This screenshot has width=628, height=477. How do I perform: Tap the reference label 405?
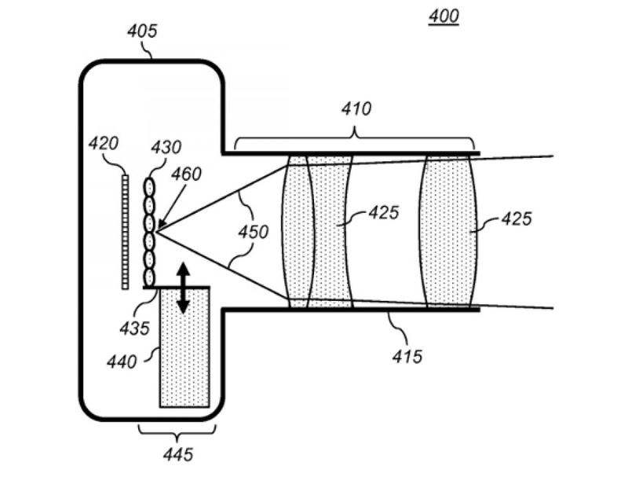[141, 32]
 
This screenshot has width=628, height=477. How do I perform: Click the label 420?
[104, 144]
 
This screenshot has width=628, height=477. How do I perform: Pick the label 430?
[166, 148]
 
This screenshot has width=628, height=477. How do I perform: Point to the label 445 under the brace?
[177, 453]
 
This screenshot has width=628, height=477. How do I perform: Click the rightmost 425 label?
[515, 219]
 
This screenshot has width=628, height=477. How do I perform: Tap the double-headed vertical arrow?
[182, 288]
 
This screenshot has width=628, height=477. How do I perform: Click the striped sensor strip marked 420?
[125, 232]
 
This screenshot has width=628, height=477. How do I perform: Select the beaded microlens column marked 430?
[149, 232]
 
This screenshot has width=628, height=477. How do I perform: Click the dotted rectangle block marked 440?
[184, 354]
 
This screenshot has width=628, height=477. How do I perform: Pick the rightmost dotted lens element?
[449, 230]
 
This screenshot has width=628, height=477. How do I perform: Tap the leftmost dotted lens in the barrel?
[298, 230]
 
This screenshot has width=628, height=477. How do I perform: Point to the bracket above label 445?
[177, 430]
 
